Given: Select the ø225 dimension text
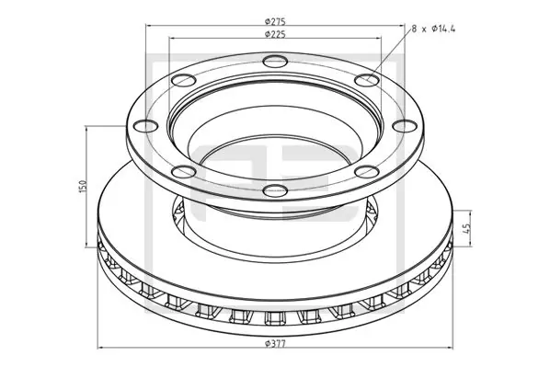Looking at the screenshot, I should click(273, 35).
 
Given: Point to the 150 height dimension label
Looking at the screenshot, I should click(83, 186).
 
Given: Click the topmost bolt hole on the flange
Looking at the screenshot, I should click(273, 63).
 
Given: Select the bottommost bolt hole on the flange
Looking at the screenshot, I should click(272, 191).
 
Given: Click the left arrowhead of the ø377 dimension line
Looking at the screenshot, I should click(100, 347).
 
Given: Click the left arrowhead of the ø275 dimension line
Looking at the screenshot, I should click(147, 25).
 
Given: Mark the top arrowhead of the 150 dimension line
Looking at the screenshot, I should click(88, 128).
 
